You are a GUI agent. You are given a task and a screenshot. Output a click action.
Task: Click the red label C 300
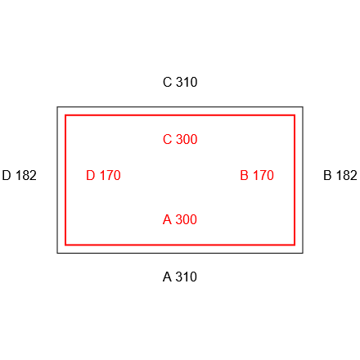pyautogui.click(x=180, y=139)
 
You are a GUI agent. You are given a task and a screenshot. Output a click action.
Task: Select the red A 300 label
pyautogui.click(x=180, y=219)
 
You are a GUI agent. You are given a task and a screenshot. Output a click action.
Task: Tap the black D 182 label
pyautogui.click(x=19, y=175)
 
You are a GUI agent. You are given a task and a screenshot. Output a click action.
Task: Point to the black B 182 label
pyautogui.click(x=340, y=175)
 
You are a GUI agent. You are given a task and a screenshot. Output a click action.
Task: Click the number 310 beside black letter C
pyautogui.click(x=187, y=82)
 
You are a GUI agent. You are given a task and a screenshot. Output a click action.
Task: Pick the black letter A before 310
pyautogui.click(x=167, y=277)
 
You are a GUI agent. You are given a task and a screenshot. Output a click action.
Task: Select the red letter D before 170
pyautogui.click(x=91, y=175)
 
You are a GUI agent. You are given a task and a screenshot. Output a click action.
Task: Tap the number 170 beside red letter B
pyautogui.click(x=263, y=175)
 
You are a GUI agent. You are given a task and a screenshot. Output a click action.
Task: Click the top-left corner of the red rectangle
pyautogui.click(x=65, y=115)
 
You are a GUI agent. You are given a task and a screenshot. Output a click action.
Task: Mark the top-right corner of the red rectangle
pyautogui.click(x=295, y=115)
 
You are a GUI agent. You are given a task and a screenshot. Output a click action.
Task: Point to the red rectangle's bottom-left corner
pyautogui.click(x=65, y=245)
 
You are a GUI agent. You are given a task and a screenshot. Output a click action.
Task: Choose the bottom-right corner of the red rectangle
pyautogui.click(x=295, y=245)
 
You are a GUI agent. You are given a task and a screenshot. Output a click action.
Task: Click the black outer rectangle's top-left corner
pyautogui.click(x=57, y=107)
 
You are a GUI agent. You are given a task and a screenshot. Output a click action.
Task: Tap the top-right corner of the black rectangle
pyautogui.click(x=303, y=107)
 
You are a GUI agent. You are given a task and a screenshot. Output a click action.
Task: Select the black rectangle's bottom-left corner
pyautogui.click(x=57, y=253)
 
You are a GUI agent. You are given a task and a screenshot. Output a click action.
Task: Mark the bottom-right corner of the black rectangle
pyautogui.click(x=303, y=253)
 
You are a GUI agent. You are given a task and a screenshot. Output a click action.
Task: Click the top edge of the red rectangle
pyautogui.click(x=180, y=115)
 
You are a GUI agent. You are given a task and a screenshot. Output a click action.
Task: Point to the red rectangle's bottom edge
pyautogui.click(x=180, y=245)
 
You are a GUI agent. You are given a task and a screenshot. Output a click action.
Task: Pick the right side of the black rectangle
pyautogui.click(x=303, y=180)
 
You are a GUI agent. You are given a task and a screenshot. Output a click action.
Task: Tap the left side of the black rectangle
pyautogui.click(x=57, y=180)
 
